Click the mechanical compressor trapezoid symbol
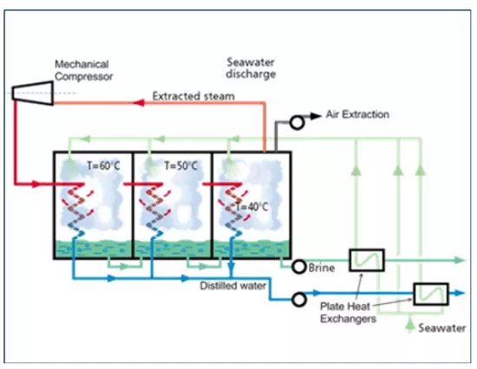point(33,93)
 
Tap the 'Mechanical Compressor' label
point(83,70)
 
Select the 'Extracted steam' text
point(193,96)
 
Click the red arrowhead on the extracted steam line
point(139,103)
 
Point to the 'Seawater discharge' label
point(251,68)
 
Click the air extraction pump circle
point(297,122)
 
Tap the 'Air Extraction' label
point(357,114)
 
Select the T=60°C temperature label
point(103,165)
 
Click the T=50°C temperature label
point(180,165)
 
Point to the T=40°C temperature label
point(252,207)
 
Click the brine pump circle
point(299,267)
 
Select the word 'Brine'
point(322,268)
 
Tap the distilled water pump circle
point(299,300)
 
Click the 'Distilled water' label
point(233,286)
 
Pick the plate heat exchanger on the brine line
point(367,260)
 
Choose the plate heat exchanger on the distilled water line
point(431,294)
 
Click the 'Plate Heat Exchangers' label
point(348,313)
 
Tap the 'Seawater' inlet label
point(441,328)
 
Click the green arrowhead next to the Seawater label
point(410,324)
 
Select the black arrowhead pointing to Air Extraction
point(316,116)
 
